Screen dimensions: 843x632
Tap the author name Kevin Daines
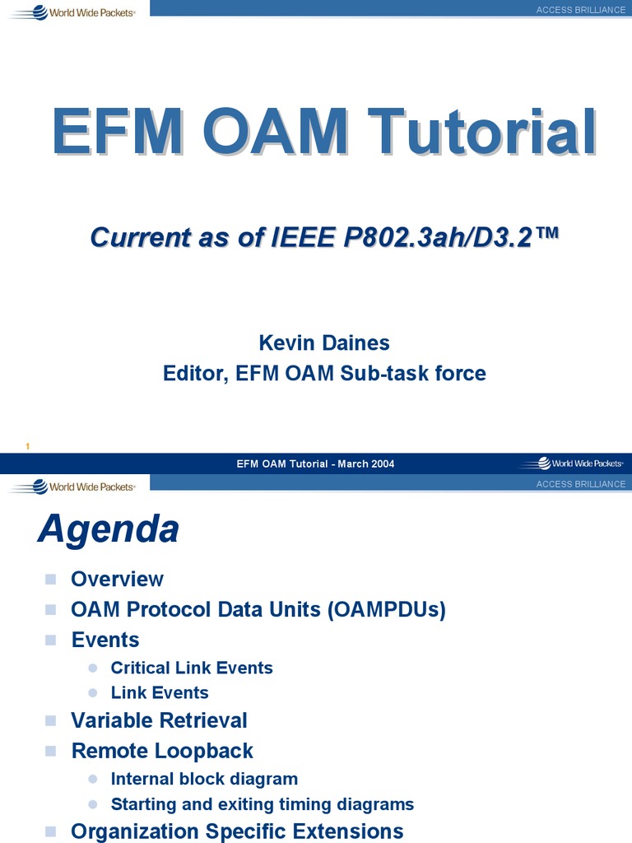pos(324,342)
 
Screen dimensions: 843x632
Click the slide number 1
pos(28,446)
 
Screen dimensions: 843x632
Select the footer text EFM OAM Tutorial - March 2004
pos(315,463)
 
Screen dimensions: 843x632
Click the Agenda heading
pos(108,529)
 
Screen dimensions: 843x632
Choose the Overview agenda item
pos(117,579)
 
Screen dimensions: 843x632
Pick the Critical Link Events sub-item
pos(192,668)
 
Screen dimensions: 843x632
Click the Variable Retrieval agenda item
pos(159,720)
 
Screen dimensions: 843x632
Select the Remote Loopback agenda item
pos(162,751)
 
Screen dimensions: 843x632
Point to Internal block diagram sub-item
pos(204,779)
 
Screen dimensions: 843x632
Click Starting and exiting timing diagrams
pos(263,804)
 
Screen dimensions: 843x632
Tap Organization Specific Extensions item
pos(237,831)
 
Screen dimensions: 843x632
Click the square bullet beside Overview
pos(51,579)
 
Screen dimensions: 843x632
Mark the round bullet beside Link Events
pos(93,693)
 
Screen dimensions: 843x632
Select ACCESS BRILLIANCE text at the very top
pos(581,10)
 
